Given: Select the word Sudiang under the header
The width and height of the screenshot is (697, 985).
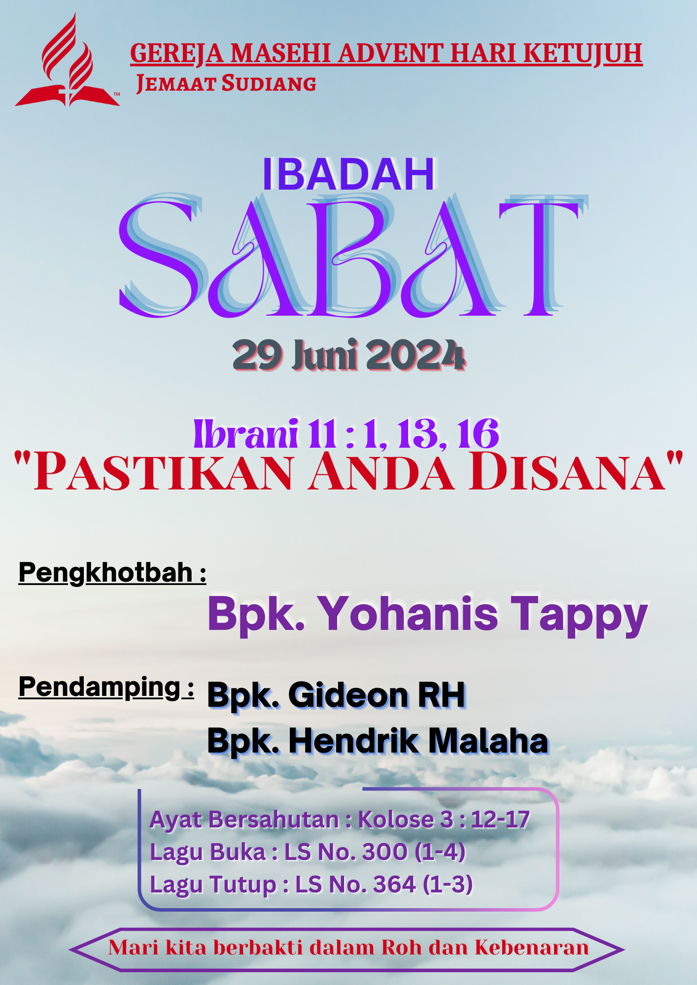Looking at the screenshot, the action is pos(269,83).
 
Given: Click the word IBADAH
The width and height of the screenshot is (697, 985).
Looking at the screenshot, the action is pos(349,174).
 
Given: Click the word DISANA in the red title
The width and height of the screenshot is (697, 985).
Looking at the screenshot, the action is pos(568,472).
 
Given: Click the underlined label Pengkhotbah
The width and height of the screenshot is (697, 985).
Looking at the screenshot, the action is pos(105,573).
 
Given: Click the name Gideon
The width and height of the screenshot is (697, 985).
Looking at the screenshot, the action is pos(348,695).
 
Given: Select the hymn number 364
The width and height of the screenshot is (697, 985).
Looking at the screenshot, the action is pos(395,885).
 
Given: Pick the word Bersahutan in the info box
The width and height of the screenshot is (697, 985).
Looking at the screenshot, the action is pos(273,820).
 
